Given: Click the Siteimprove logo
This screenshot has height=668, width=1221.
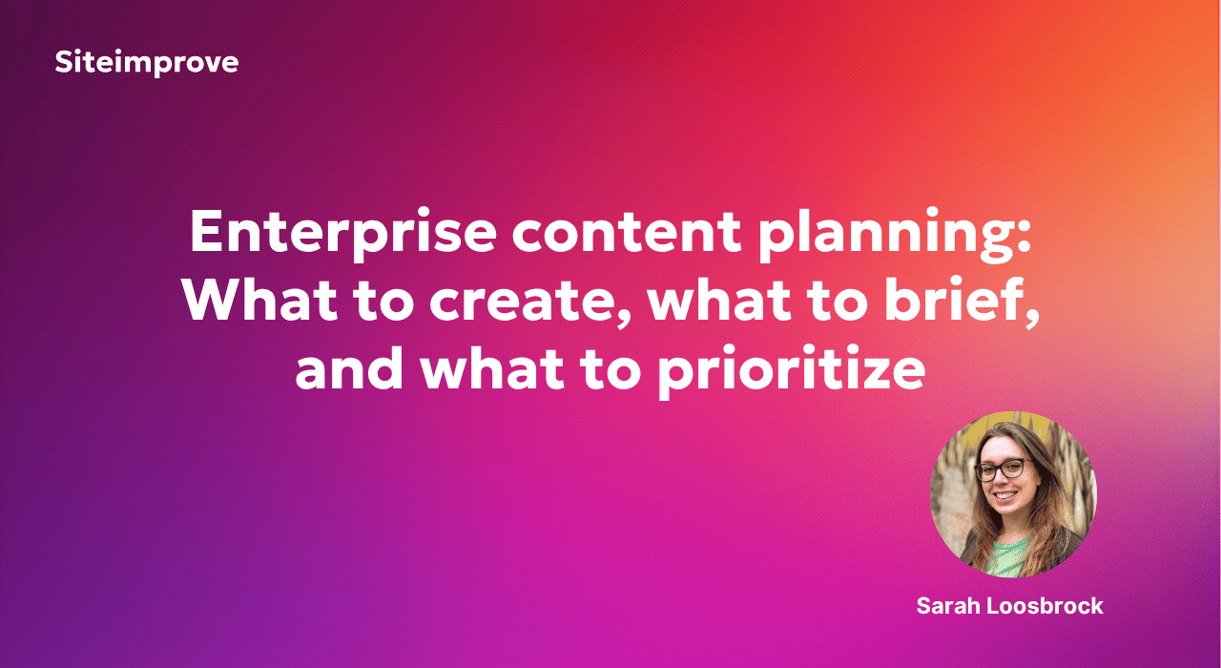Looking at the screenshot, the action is pos(147,62).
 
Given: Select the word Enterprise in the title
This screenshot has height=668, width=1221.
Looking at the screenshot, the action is pos(342,232).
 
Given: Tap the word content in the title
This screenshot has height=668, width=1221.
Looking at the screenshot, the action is pos(627,232).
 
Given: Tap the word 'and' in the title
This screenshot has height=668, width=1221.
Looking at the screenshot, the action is pos(349,367).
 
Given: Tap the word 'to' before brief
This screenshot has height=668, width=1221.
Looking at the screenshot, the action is pos(838,301).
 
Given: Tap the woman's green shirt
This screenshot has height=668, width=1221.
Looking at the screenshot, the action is pos(1010,556).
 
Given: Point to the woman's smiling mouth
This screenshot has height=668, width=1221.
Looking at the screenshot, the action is pos(1005,495).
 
